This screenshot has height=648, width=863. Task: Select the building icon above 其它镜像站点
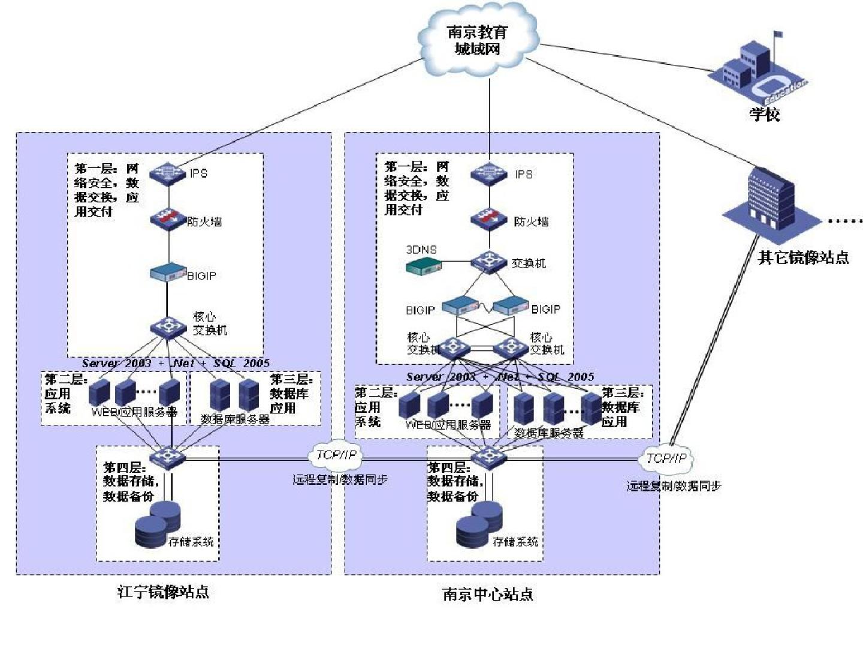coord(770,201)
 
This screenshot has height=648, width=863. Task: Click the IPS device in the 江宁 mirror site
coord(168,173)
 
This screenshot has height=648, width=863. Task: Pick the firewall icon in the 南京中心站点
coord(489,220)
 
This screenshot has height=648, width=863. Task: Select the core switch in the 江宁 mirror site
coord(168,327)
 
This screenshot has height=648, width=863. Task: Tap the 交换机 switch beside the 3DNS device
coord(489,262)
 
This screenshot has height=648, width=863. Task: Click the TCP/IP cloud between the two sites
coord(336,455)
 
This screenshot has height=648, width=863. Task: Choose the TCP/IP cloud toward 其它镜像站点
coord(666,459)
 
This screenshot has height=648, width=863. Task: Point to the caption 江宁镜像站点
coord(163,592)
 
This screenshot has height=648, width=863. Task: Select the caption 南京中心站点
coord(487,594)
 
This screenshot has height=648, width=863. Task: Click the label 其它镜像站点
coord(803,257)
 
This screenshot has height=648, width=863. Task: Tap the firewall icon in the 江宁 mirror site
coord(168,218)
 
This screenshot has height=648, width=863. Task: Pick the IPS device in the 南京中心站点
coord(489,174)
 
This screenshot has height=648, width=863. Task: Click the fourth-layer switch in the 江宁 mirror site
coord(168,458)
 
